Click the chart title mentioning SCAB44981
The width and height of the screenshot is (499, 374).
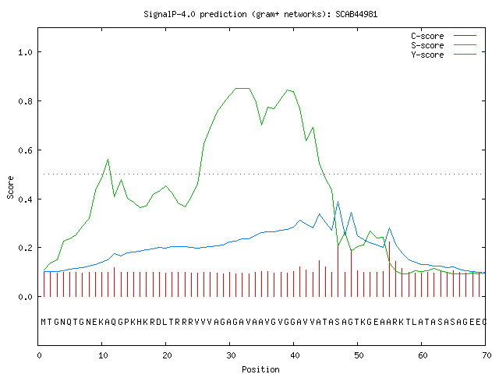[x=260, y=14]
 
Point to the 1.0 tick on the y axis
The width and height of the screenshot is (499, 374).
[x=26, y=52]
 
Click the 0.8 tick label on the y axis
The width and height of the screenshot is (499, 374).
[x=26, y=101]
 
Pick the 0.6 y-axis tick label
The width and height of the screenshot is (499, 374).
[x=26, y=150]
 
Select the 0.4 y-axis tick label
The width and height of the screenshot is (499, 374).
[x=26, y=199]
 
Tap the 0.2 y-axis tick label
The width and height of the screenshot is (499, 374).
[x=26, y=248]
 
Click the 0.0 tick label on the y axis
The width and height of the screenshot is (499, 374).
[x=26, y=297]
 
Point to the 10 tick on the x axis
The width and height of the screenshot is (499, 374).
[x=103, y=355]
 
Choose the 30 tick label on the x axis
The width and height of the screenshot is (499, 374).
[x=231, y=355]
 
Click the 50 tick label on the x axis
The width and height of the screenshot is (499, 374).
[x=359, y=355]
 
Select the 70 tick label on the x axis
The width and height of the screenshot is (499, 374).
[x=487, y=355]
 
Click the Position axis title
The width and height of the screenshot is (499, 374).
[x=260, y=369]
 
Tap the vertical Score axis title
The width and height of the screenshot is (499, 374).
[x=10, y=187]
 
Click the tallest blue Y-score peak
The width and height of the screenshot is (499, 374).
[x=338, y=201]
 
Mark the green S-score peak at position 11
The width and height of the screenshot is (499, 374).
[x=108, y=159]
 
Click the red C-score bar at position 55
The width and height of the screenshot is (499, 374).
[x=389, y=269]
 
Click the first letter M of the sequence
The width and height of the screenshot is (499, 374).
[x=44, y=322]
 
